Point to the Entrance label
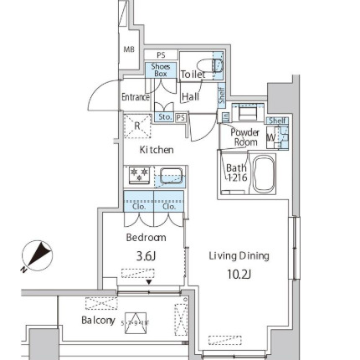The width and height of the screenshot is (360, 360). point(135,97)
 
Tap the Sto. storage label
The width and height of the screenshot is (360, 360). point(163,118)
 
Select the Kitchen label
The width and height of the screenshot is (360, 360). point(156,150)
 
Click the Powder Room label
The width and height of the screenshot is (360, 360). point(244,136)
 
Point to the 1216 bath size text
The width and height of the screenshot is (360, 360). point(237,178)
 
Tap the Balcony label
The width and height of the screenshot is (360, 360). point(97,320)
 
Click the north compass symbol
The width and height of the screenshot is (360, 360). point(35,256)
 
